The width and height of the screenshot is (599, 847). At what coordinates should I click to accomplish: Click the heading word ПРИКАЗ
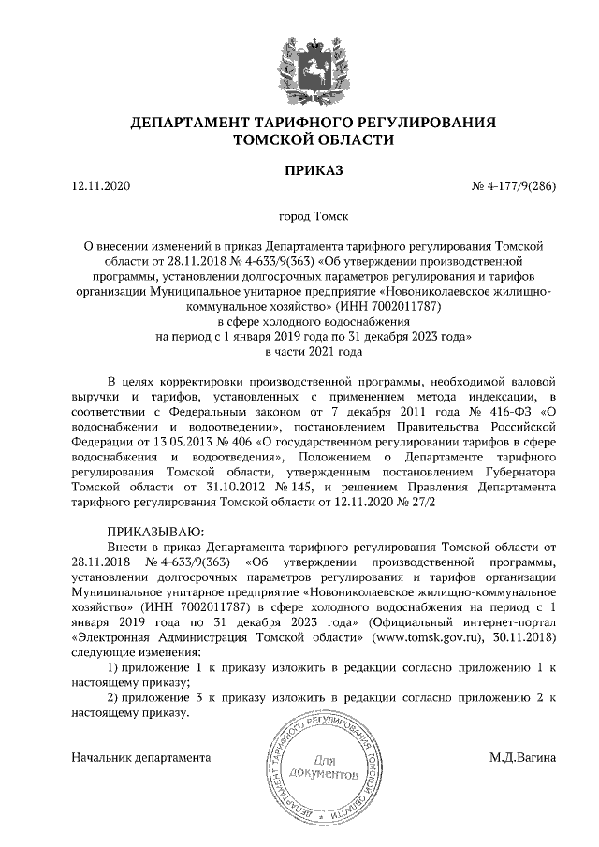tap(314, 169)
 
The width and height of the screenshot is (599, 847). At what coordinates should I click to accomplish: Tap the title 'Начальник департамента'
tap(141, 756)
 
